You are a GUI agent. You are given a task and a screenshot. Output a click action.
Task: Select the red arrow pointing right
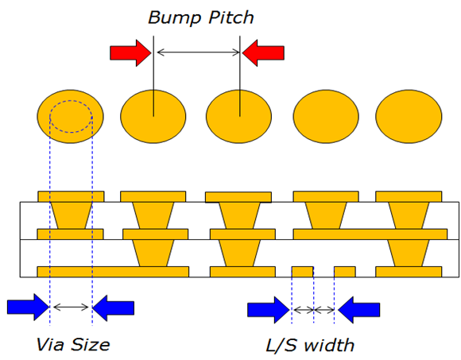(131, 53)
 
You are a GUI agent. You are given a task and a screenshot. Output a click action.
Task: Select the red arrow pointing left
(263, 53)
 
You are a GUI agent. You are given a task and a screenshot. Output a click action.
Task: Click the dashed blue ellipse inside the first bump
(71, 100)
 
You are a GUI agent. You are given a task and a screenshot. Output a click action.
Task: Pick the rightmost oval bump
(409, 116)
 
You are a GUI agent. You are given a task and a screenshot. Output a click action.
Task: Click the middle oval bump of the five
(238, 116)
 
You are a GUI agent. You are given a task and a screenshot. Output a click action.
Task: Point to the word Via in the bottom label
(49, 344)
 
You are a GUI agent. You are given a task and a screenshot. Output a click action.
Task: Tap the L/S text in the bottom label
(281, 345)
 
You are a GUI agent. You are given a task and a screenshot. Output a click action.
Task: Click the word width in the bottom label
(329, 345)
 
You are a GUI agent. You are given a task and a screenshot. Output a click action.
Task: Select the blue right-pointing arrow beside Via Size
(28, 307)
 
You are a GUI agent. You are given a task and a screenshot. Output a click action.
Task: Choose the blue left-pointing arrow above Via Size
(114, 307)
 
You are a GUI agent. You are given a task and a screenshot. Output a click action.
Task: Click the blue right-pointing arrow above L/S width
(269, 310)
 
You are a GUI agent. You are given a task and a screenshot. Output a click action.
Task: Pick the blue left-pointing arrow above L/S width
(359, 310)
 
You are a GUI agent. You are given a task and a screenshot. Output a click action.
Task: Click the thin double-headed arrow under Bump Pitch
(199, 52)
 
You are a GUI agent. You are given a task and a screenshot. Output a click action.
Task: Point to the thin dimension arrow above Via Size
(71, 308)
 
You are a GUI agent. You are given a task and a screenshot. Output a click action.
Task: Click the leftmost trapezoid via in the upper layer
(72, 215)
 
